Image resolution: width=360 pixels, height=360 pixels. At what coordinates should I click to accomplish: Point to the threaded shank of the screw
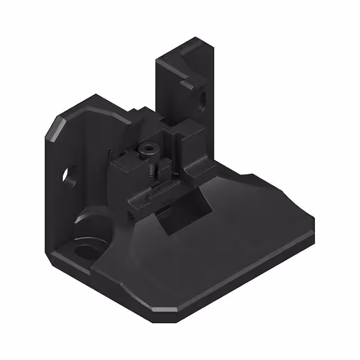point(151,169)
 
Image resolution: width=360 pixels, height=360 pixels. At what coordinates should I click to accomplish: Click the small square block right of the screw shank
point(166,166)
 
